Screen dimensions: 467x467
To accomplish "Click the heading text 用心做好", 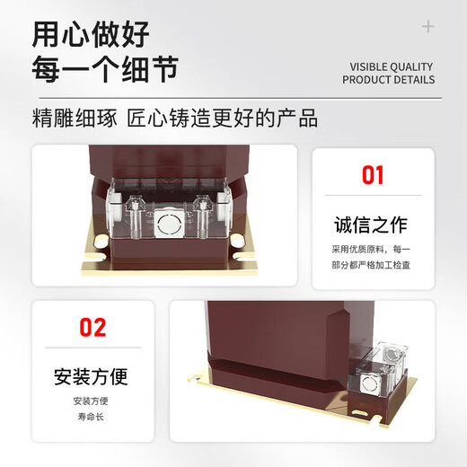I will pyautogui.click(x=90, y=34).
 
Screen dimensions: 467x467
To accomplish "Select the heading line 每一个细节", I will pyautogui.click(x=104, y=68).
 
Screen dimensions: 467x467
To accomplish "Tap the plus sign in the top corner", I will pyautogui.click(x=428, y=27).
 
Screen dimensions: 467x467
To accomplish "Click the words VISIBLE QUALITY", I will pyautogui.click(x=391, y=66).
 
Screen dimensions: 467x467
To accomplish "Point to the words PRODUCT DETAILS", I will pyautogui.click(x=388, y=80).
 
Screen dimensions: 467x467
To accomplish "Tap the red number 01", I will pyautogui.click(x=372, y=174).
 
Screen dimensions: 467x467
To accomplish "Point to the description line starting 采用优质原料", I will pyautogui.click(x=372, y=249).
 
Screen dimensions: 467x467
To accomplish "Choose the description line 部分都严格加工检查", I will pyautogui.click(x=372, y=265).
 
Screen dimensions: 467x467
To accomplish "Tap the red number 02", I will pyautogui.click(x=93, y=328).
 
